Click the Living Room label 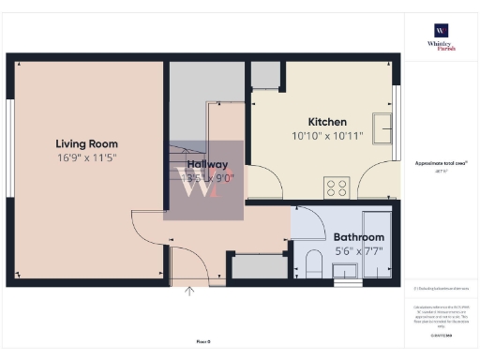click(86, 143)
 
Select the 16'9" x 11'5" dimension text click(86, 157)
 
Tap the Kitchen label click(328, 122)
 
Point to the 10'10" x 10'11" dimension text click(328, 136)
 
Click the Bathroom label click(359, 237)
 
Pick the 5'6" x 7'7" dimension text click(359, 250)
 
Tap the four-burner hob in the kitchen click(337, 186)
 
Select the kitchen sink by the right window click(382, 126)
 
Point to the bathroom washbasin click(347, 270)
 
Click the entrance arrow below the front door click(190, 292)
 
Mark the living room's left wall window click(9, 145)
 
